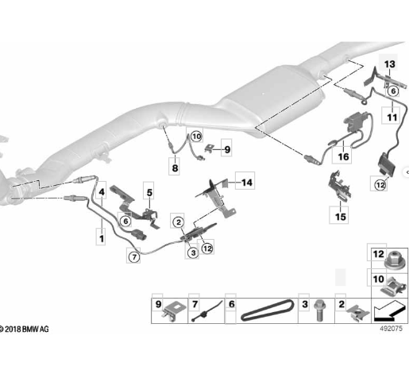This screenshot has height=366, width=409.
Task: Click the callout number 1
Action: (102, 239)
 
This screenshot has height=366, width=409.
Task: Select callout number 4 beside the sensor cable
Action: (102, 192)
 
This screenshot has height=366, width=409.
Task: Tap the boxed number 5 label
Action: (149, 193)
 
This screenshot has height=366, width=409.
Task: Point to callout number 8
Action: (175, 168)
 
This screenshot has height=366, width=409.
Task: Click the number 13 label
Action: (389, 64)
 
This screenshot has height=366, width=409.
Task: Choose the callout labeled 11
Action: (392, 118)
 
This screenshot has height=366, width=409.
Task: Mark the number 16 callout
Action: (343, 156)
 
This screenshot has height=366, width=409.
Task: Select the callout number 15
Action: (341, 217)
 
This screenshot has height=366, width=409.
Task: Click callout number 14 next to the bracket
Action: (247, 183)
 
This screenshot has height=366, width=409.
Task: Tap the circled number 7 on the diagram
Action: (134, 256)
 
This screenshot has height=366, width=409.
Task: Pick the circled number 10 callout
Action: (196, 137)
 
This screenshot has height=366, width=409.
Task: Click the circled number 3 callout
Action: (193, 252)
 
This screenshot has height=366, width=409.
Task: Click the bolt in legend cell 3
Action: (319, 310)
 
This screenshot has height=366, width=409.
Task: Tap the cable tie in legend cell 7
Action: (206, 311)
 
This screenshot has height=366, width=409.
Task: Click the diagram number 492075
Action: (391, 329)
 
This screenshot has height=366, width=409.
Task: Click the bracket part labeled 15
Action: (339, 186)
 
